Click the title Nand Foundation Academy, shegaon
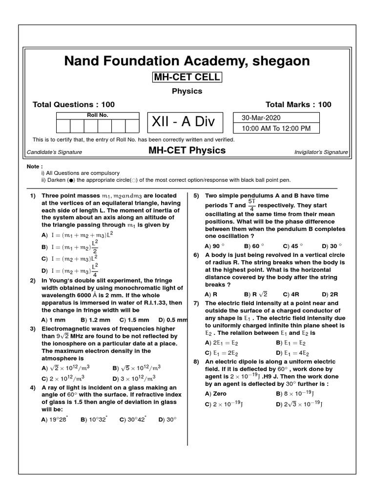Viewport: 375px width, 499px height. click(187, 61)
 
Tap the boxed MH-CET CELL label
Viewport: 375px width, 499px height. click(187, 77)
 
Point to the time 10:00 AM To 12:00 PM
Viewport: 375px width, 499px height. click(276, 129)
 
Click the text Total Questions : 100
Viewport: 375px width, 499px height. click(73, 104)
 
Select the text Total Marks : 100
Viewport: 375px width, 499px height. click(298, 104)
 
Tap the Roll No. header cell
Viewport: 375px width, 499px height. click(98, 115)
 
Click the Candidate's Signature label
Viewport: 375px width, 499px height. click(54, 152)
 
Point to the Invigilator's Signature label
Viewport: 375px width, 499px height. click(321, 152)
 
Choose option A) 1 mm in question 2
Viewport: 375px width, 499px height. click(53, 320)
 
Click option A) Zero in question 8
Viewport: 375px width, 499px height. click(216, 393)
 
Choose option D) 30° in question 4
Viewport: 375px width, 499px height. click(167, 419)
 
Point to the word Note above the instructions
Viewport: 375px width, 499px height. click(35, 166)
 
